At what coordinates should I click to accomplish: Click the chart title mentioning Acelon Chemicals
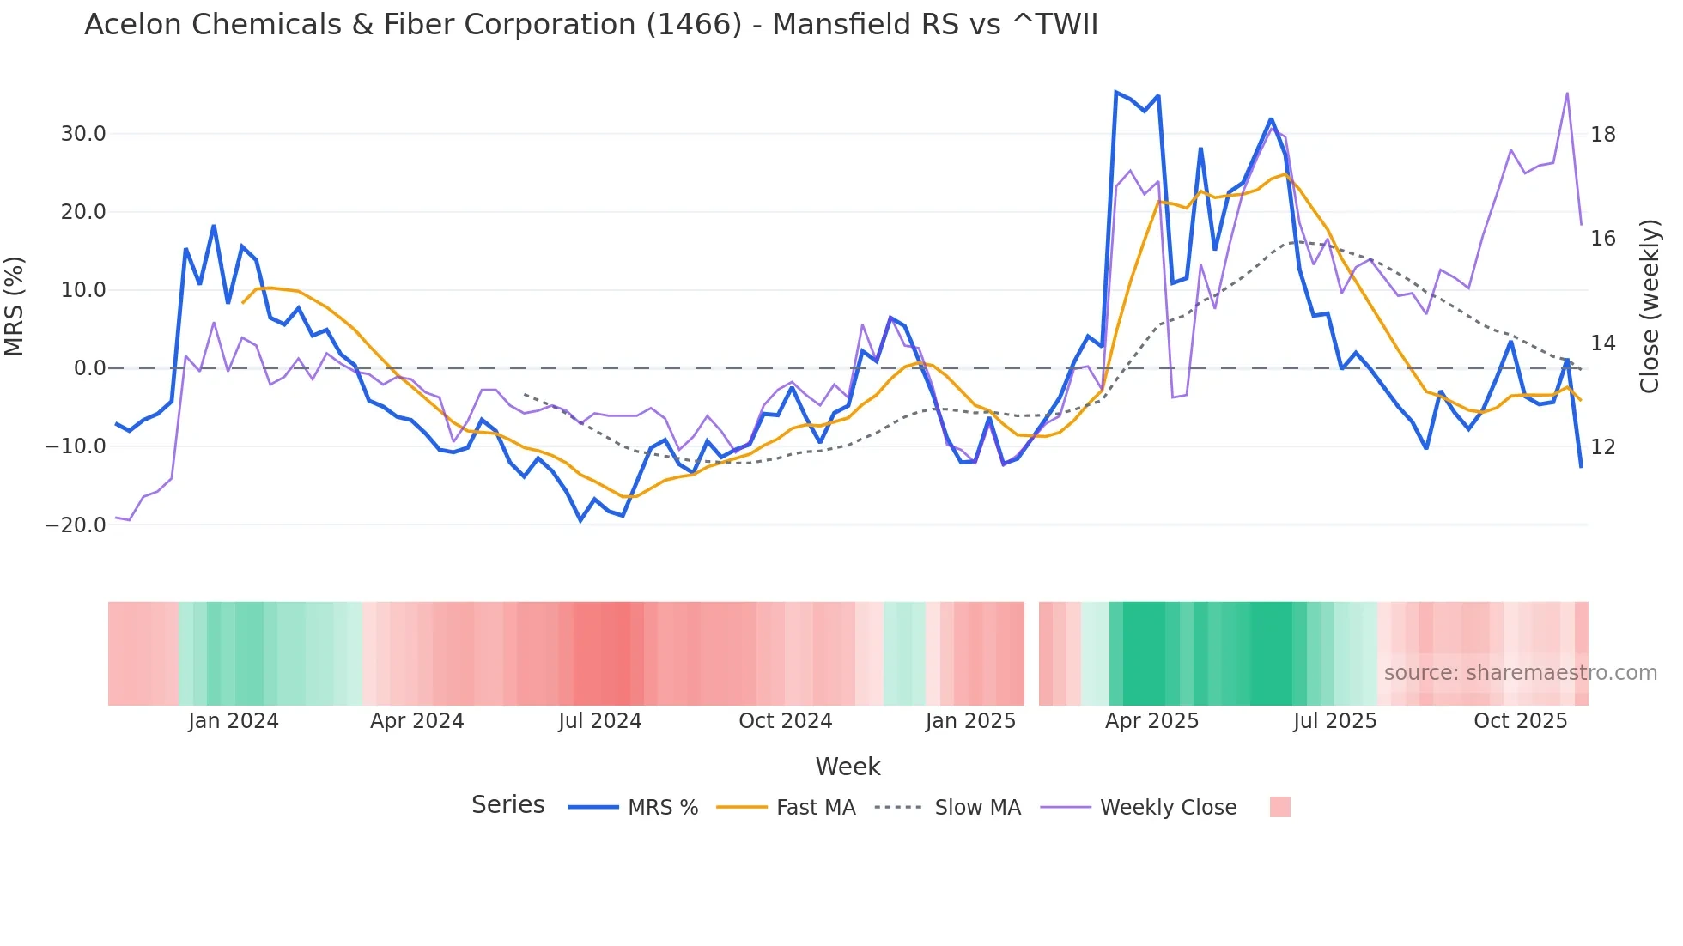click(x=591, y=25)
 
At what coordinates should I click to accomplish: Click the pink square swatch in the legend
click(x=1279, y=807)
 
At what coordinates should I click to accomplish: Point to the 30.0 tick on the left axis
click(x=83, y=134)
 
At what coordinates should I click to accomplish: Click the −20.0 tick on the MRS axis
click(x=76, y=525)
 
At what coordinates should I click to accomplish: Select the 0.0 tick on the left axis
click(x=89, y=368)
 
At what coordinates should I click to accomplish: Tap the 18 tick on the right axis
click(x=1602, y=135)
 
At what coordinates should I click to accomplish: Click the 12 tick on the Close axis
click(x=1602, y=447)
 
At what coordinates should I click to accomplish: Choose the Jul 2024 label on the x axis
click(x=600, y=721)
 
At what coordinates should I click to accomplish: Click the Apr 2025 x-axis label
click(x=1151, y=721)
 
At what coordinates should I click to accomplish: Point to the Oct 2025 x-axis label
click(x=1520, y=721)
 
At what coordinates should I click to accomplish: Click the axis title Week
click(x=848, y=767)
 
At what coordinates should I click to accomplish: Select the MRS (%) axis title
click(x=15, y=306)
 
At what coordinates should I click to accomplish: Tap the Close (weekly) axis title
click(x=1650, y=306)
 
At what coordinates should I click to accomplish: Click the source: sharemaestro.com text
click(x=1520, y=673)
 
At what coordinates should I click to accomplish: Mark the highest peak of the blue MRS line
click(x=1115, y=92)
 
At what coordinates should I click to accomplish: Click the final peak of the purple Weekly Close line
click(x=1567, y=94)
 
